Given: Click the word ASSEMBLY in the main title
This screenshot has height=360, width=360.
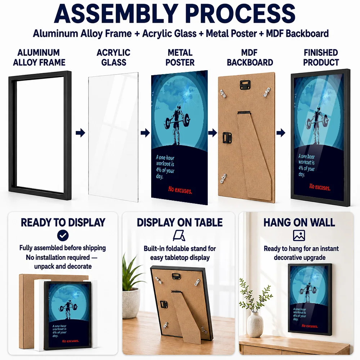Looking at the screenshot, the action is coord(116,13).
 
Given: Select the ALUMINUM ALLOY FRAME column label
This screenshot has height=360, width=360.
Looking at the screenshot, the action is coord(39,57).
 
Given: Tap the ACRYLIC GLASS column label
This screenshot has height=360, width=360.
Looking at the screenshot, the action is coord(114,57).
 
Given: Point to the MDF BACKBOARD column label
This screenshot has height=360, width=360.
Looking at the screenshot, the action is coord(250,57).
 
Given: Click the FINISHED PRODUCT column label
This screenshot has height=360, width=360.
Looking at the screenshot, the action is coord(321,57).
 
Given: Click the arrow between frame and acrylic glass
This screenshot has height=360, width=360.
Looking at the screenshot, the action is coord(80,132).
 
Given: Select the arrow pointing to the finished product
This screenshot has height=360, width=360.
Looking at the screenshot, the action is coord(281,132).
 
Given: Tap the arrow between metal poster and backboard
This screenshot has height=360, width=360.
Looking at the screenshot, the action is coord(213,132).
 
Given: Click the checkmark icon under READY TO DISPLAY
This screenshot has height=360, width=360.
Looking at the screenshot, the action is coord(63,235).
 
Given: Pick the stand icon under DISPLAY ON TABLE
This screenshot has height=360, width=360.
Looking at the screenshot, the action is coord(179,235).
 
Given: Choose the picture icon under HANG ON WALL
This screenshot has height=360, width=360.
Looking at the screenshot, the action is coord(299,235).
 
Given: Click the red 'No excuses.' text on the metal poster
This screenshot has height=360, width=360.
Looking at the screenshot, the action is coord(180,190).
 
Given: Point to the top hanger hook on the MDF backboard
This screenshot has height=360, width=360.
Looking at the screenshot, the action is coord(245,84).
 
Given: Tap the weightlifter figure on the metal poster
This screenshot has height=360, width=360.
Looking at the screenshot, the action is coord(177,124).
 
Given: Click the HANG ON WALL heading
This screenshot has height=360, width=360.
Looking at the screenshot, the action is coord(299,222).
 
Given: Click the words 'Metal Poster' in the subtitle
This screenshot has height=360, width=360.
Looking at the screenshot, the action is coord(231,33).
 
